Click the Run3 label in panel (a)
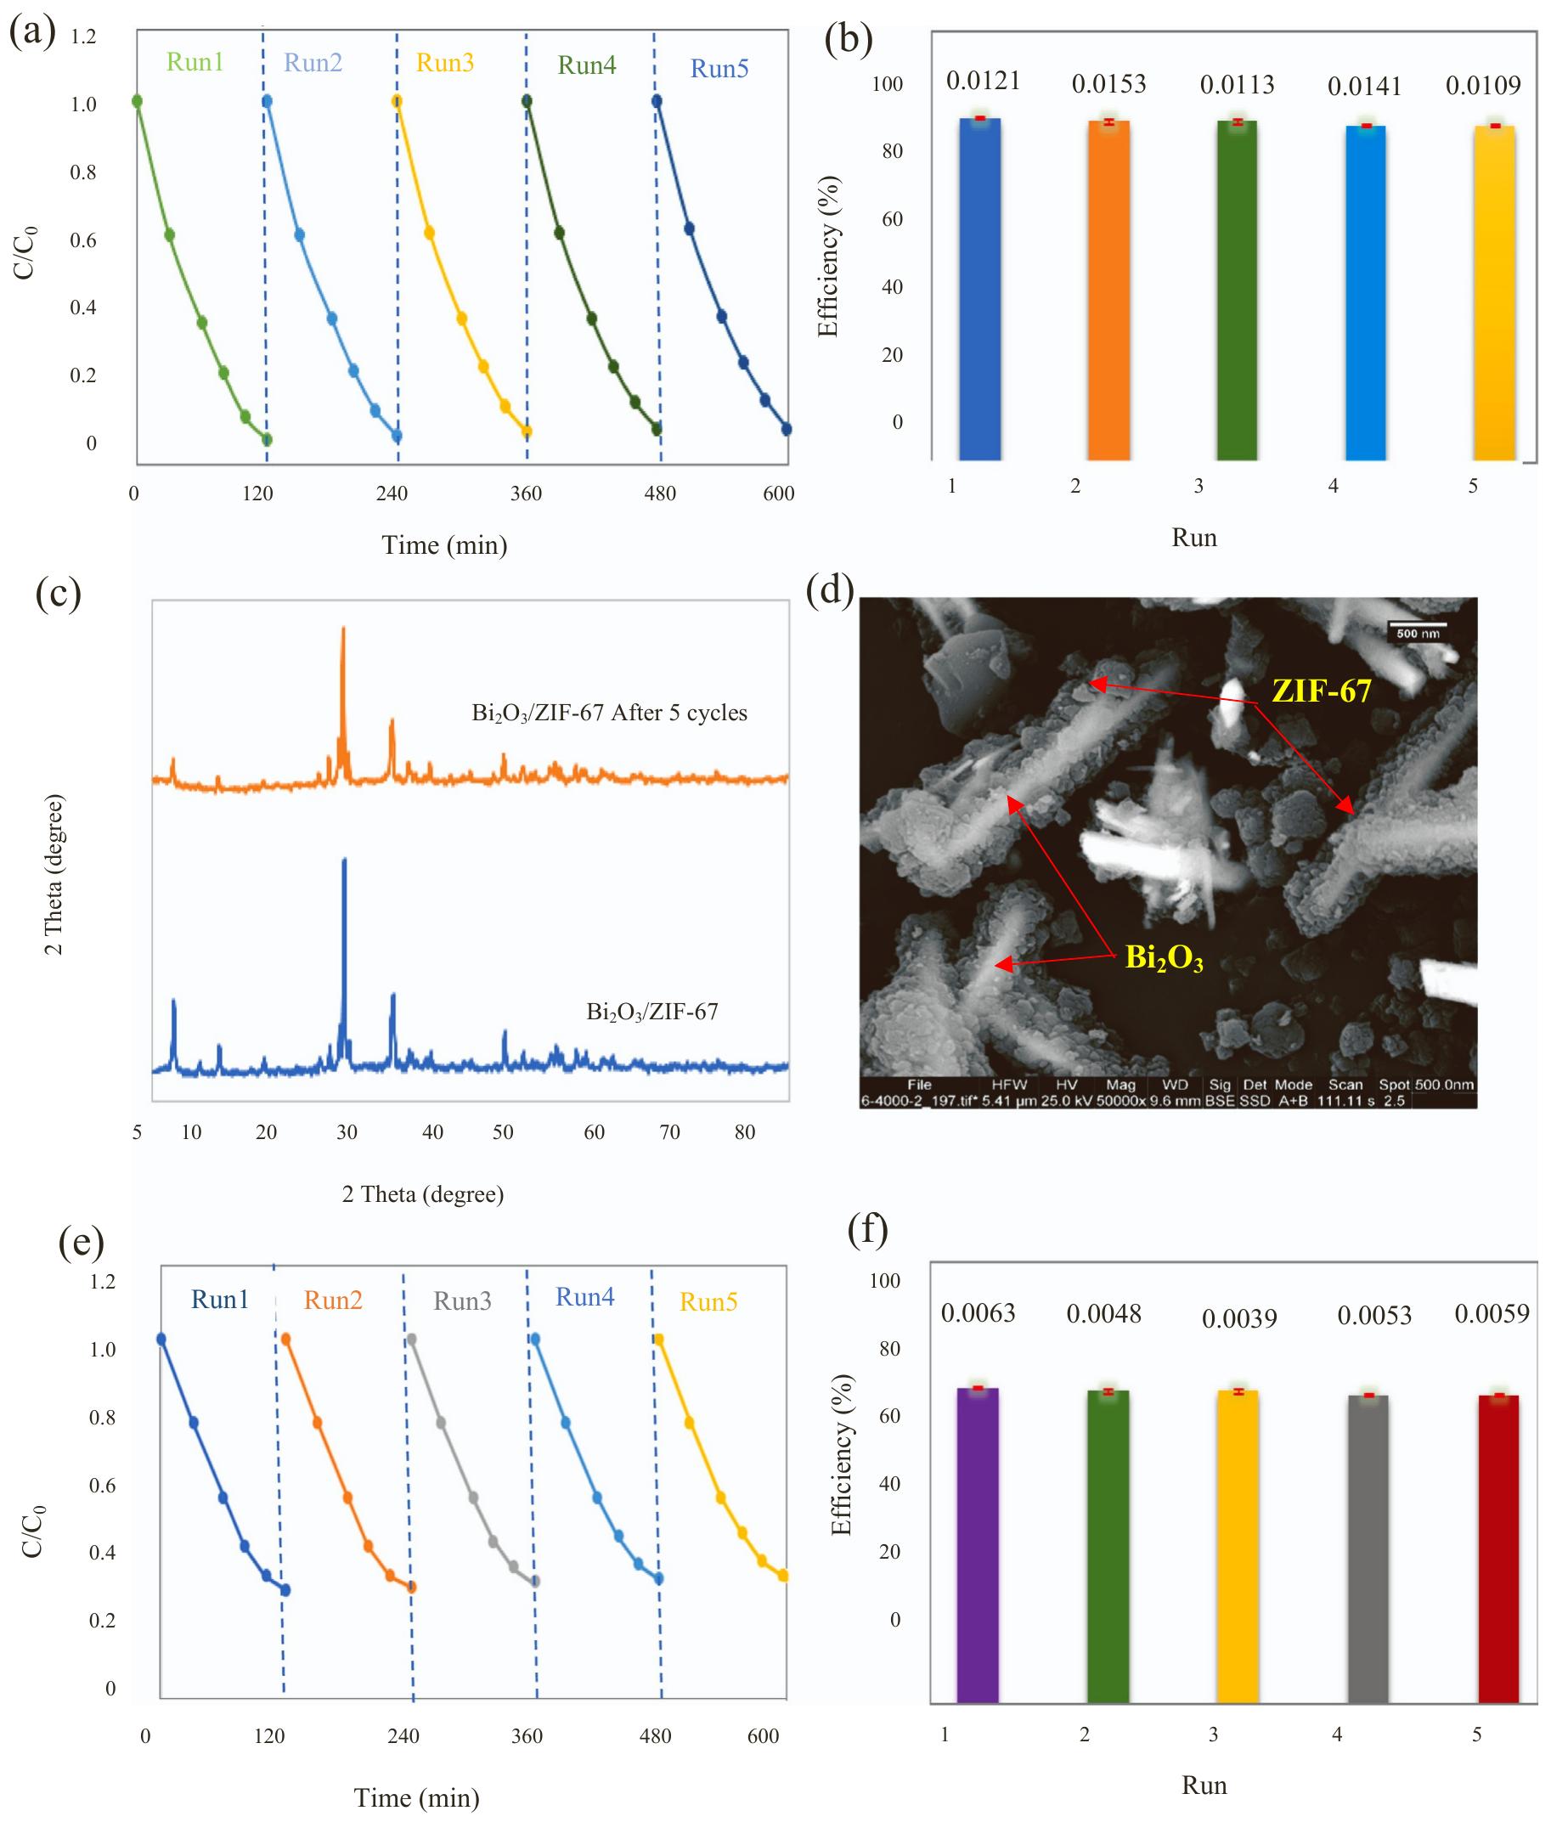click(x=444, y=64)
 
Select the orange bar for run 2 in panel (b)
click(x=1108, y=291)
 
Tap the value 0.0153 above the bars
click(x=1108, y=84)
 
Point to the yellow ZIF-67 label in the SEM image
click(x=1321, y=691)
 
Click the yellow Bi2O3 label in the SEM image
click(x=1164, y=957)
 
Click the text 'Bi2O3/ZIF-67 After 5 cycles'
click(x=609, y=713)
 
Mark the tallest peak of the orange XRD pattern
click(x=343, y=629)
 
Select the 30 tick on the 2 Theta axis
click(x=347, y=1132)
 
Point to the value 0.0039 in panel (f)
click(x=1239, y=1319)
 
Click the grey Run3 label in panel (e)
click(x=461, y=1301)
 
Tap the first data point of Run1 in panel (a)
click(x=136, y=101)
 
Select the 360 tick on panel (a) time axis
click(x=526, y=494)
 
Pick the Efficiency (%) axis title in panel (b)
click(x=828, y=257)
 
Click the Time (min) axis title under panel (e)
click(x=417, y=1798)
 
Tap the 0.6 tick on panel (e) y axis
click(x=102, y=1486)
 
